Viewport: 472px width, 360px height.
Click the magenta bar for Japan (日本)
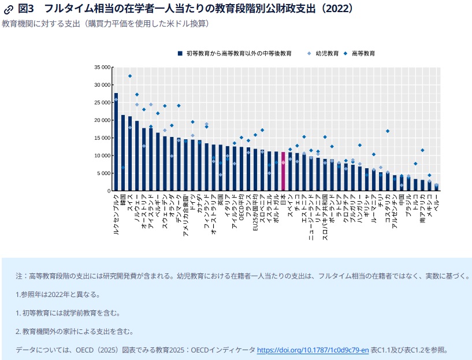click(x=283, y=172)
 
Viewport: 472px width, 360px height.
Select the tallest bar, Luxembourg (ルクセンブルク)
click(x=116, y=142)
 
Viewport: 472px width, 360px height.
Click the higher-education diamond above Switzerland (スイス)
click(x=130, y=76)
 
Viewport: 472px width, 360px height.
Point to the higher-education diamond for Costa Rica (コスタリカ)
click(x=388, y=131)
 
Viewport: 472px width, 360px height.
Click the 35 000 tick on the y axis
click(x=102, y=67)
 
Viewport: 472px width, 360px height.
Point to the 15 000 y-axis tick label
click(x=102, y=138)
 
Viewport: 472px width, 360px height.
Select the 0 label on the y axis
click(x=108, y=191)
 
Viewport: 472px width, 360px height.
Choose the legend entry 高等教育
click(x=363, y=53)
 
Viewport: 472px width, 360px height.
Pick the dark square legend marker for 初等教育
click(x=181, y=53)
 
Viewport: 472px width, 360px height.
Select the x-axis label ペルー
click(x=436, y=202)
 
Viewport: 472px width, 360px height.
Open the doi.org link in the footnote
click(x=313, y=350)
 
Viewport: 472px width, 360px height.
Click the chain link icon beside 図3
click(x=9, y=9)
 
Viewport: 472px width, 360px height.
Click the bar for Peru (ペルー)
click(x=436, y=187)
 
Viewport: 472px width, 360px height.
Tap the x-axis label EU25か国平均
click(x=255, y=213)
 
